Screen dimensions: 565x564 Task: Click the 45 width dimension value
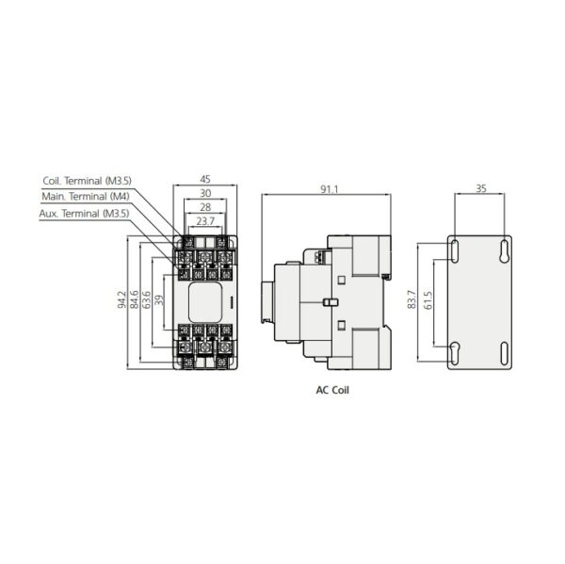tap(205, 179)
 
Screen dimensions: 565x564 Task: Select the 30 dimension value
tap(205, 193)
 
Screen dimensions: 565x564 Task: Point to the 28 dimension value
tap(205, 207)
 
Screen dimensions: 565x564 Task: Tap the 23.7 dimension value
tap(205, 221)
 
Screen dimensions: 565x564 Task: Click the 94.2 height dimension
tap(121, 299)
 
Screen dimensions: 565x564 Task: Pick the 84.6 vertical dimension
tap(135, 299)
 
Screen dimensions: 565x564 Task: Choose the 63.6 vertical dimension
tap(147, 299)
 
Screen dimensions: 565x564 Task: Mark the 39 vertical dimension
tap(159, 300)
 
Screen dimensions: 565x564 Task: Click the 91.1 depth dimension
tap(330, 189)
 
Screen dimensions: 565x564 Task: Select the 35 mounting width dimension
tap(481, 188)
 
